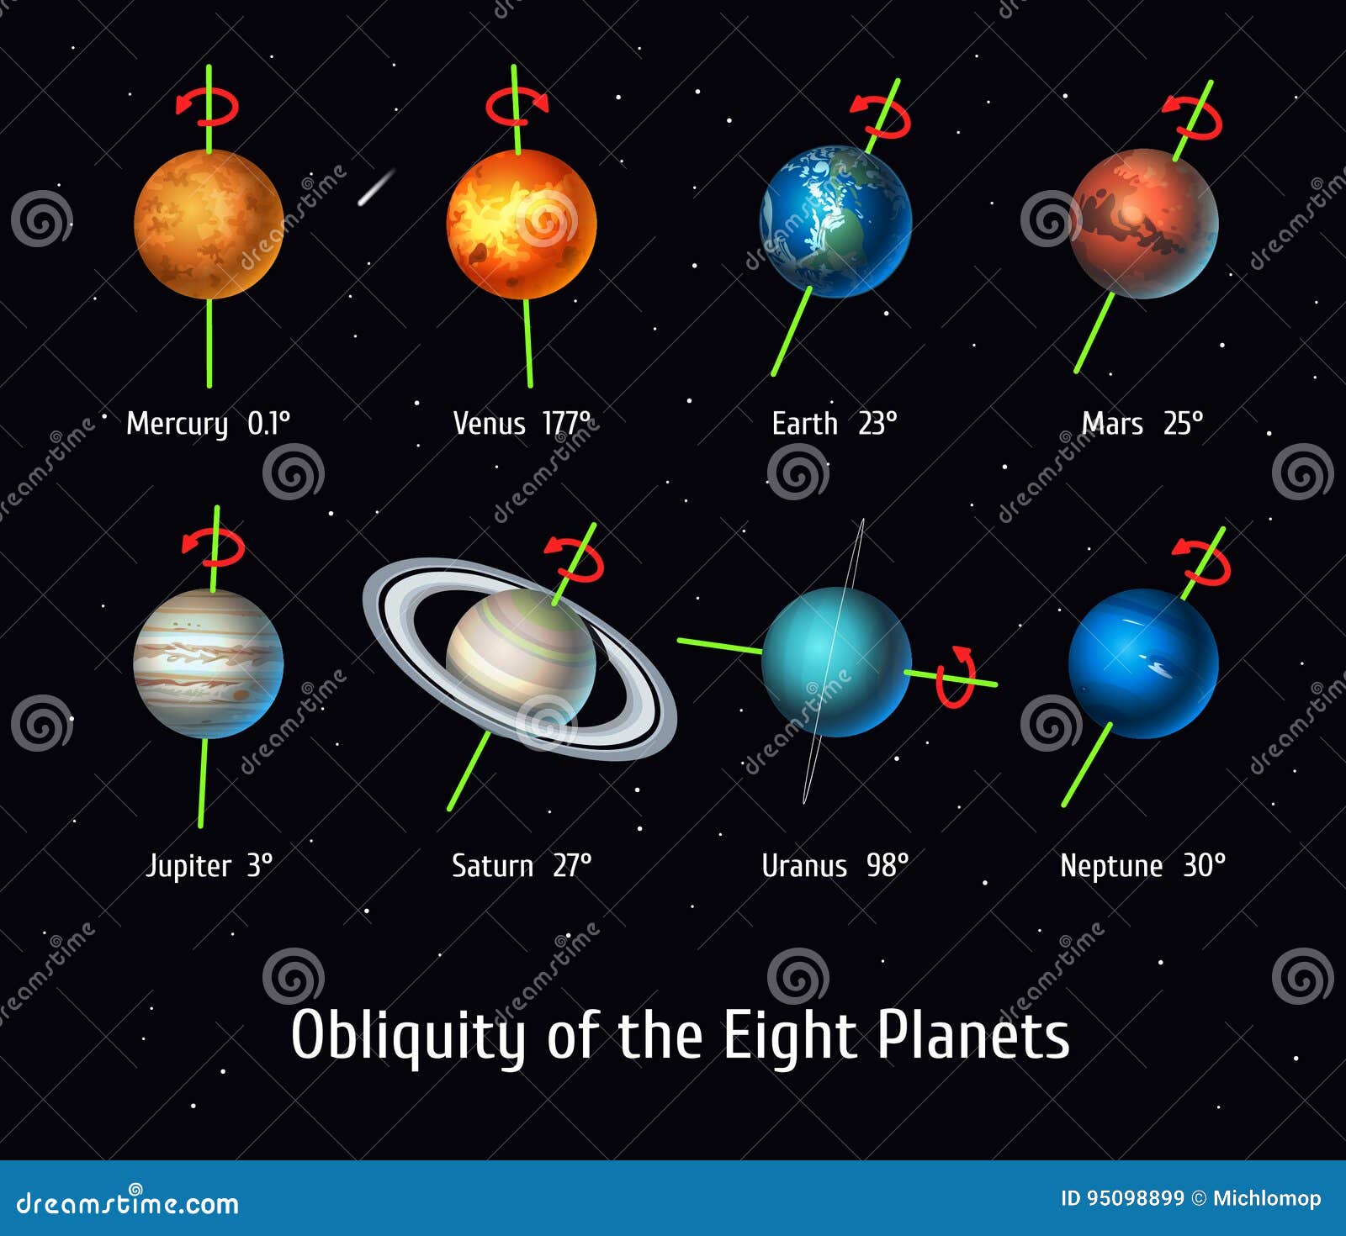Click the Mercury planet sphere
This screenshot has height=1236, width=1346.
coord(209,224)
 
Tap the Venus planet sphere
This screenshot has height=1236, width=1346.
coord(522,224)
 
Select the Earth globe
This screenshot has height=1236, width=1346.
coord(835,222)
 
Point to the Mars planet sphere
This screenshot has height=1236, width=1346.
coord(1144,224)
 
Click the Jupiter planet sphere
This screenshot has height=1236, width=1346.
coord(209,663)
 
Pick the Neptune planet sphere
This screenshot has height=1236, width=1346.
coord(1143,663)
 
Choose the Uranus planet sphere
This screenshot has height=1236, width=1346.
coord(836,662)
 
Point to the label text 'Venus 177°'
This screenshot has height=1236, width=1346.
coord(522,423)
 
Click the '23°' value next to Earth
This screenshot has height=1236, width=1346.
coord(877,423)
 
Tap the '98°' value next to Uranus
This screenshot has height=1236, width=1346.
coord(888,865)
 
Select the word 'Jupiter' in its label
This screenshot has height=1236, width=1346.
coord(188,867)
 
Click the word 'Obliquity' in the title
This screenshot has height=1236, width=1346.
coord(408,1036)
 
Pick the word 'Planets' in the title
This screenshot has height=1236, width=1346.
coord(973,1035)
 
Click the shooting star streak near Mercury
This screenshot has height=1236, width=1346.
coord(377,187)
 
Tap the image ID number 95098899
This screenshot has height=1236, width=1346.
coord(1136,1198)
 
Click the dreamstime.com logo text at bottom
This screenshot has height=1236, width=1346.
coord(128,1202)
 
